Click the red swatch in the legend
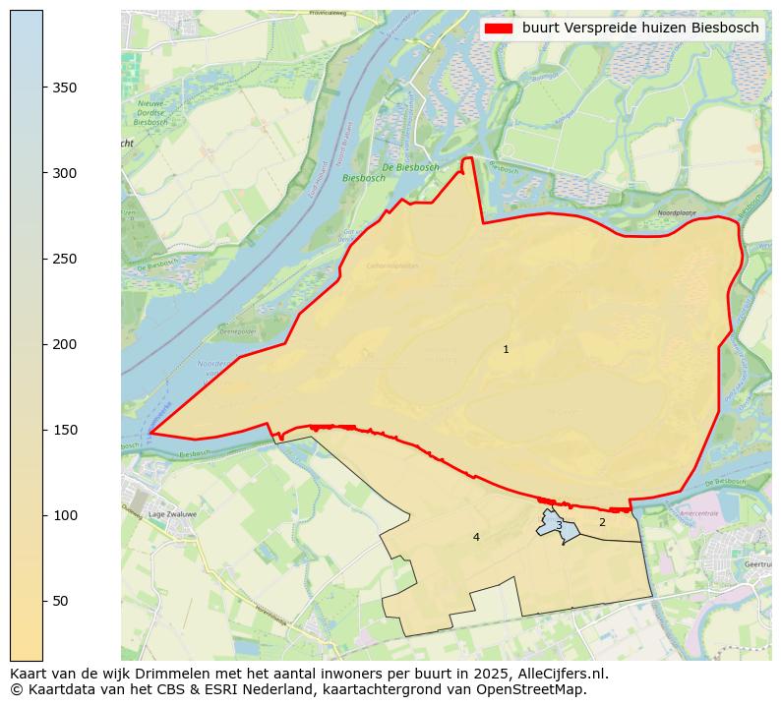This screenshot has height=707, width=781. coord(499,29)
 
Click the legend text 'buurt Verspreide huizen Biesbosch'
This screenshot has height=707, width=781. coord(640,29)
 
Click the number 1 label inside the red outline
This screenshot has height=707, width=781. coord(506,350)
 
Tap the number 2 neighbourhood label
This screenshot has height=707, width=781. coord(602,522)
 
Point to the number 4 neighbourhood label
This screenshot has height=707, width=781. coord(476,537)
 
